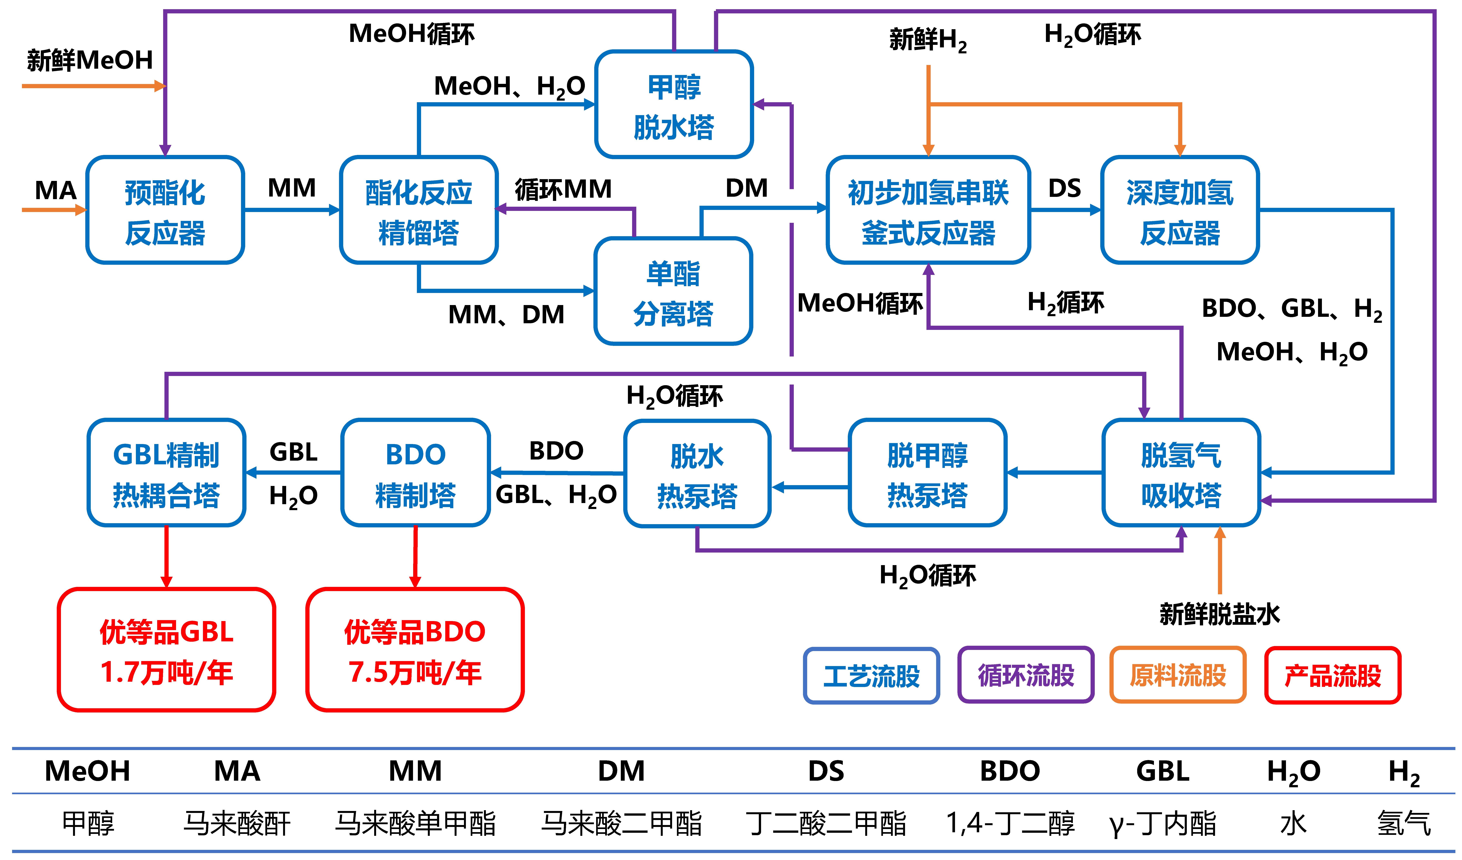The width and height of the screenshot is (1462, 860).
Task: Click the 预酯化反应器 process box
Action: tap(165, 210)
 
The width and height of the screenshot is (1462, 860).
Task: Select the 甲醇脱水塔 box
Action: tap(674, 104)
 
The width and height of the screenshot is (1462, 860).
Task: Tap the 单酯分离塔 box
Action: tap(674, 291)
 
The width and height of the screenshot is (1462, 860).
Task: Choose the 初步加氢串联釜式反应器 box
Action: tap(928, 210)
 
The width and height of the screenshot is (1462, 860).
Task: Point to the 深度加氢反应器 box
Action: tap(1180, 210)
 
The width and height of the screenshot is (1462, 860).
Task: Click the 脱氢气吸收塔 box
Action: tap(1181, 473)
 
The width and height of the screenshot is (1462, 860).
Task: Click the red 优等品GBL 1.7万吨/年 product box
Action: tap(167, 650)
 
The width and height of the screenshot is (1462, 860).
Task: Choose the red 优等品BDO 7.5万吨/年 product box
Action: tap(415, 650)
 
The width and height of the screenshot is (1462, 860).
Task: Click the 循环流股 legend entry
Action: tap(1026, 675)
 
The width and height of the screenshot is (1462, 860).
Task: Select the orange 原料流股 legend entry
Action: tap(1178, 675)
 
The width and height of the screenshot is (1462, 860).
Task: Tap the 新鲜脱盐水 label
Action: tap(1220, 614)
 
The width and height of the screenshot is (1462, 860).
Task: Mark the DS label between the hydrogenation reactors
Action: tap(1065, 189)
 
